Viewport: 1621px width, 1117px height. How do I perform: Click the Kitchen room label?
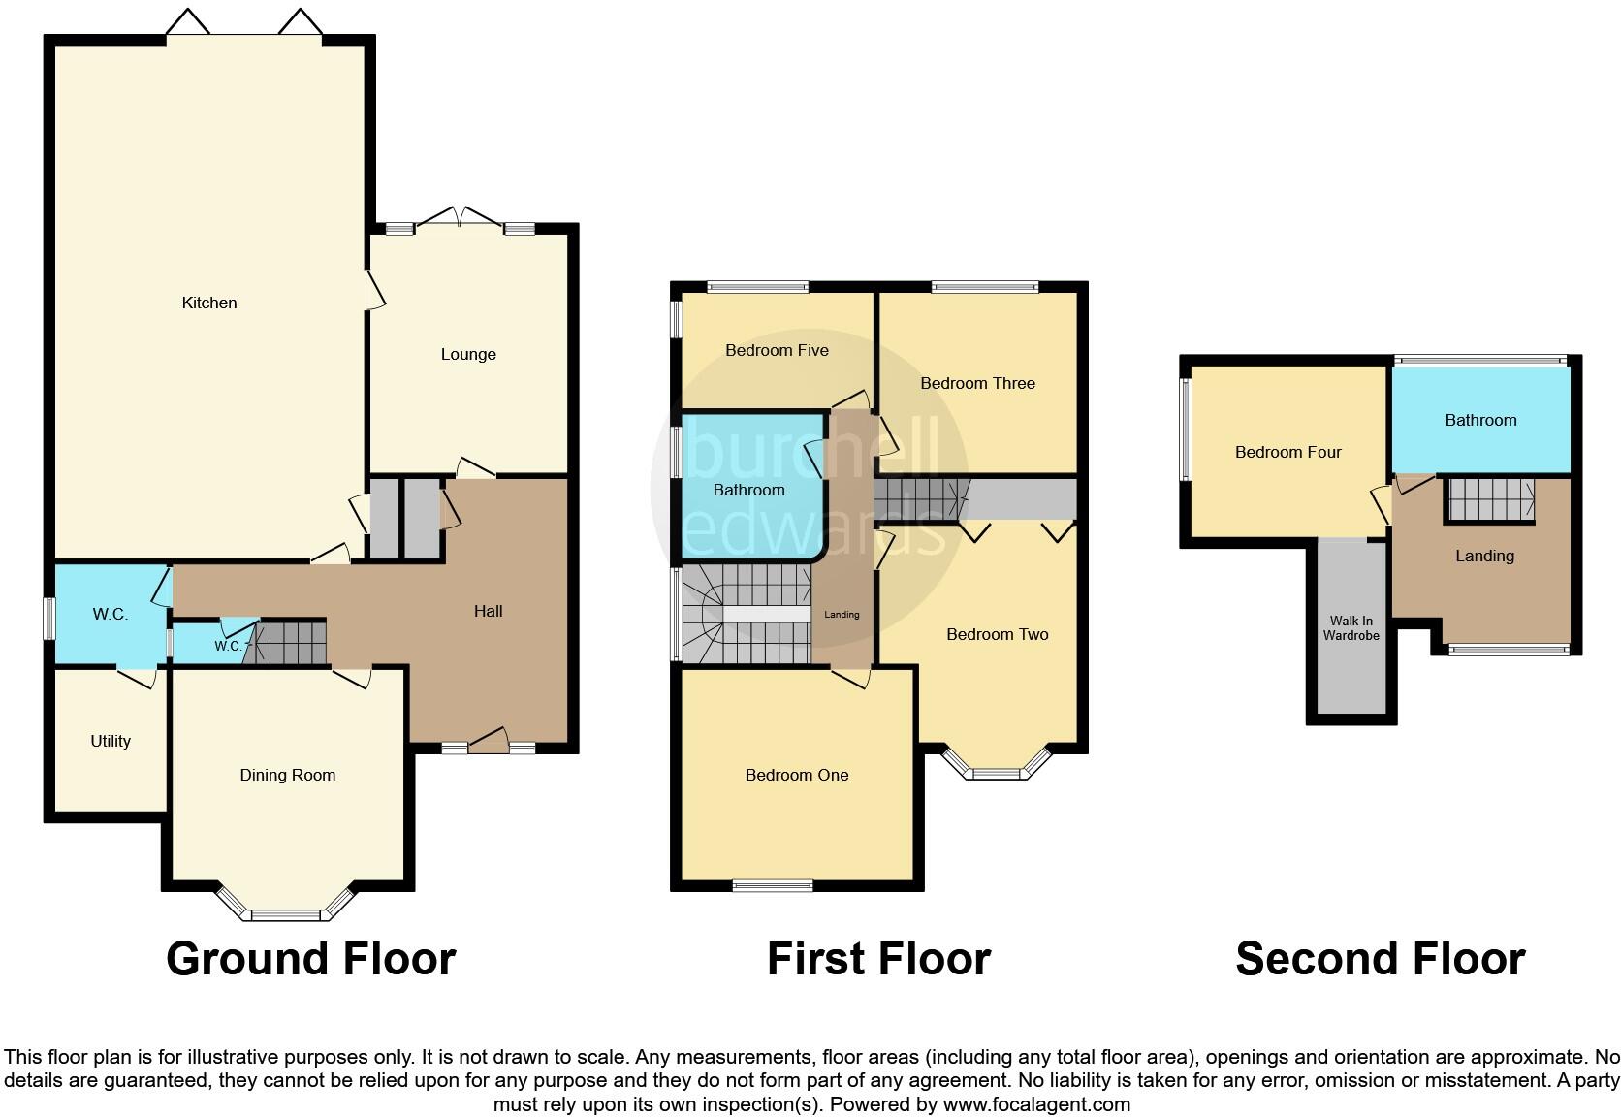click(x=209, y=303)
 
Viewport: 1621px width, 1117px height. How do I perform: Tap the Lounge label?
click(x=468, y=354)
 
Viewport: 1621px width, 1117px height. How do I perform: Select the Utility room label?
click(x=111, y=741)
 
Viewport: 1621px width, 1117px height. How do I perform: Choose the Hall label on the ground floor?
click(x=489, y=611)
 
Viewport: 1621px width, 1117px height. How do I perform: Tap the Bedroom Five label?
click(x=777, y=350)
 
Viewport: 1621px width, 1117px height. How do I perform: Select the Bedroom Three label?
click(x=977, y=383)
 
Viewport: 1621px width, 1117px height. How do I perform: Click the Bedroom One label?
click(x=797, y=775)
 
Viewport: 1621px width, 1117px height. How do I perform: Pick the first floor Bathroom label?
click(x=748, y=490)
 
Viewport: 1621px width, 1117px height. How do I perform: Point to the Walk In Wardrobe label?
click(x=1351, y=628)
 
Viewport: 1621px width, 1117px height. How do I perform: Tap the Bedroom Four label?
click(x=1287, y=452)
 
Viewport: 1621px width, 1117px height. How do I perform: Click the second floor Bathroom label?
click(x=1480, y=420)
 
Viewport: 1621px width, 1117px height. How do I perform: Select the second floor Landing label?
click(x=1484, y=556)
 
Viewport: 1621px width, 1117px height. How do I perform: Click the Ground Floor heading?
click(x=310, y=958)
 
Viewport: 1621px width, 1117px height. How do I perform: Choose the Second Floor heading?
click(x=1380, y=958)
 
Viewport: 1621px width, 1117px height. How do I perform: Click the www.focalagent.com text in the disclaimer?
click(x=1036, y=1104)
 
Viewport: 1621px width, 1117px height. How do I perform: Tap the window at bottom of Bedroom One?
click(x=773, y=884)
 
